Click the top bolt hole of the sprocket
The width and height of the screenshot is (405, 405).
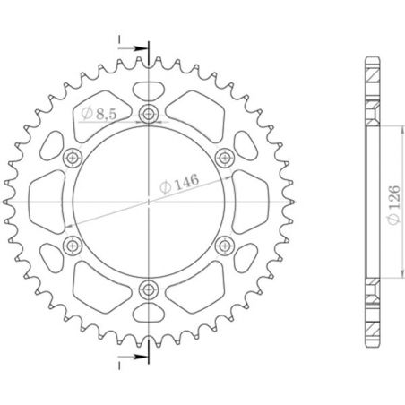147,115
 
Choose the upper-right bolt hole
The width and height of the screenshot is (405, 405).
221,158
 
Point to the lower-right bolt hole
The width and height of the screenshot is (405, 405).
221,245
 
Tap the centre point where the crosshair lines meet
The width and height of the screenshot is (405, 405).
147,202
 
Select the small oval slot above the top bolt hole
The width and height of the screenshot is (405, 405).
147,90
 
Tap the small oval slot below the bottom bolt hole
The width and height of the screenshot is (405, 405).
147,314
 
